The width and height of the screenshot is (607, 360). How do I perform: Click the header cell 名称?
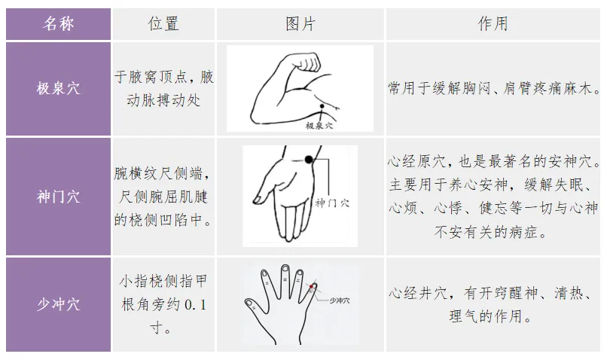pos(58,24)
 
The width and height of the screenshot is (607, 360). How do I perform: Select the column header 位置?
pos(163,24)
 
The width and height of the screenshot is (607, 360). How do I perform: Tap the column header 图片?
pos(300,24)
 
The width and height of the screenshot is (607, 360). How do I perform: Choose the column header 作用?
pos(493,24)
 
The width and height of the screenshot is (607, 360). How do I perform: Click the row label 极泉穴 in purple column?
pos(58,89)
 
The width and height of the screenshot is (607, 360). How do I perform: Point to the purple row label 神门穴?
pos(58,197)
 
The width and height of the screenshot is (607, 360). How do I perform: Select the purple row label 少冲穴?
pos(58,304)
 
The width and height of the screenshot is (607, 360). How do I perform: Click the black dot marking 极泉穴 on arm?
pos(322,106)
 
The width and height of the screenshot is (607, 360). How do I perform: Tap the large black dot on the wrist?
pos(309,159)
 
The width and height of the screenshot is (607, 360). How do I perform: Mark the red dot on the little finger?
pos(311,286)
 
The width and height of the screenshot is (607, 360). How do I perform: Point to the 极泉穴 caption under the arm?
pos(319,126)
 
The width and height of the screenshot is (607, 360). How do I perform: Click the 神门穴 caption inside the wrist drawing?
pos(332,203)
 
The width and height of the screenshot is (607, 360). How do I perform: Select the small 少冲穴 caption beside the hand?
pos(340,301)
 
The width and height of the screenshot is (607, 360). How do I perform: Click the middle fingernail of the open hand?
pos(285,268)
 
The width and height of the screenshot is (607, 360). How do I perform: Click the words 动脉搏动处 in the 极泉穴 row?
pos(163,101)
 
